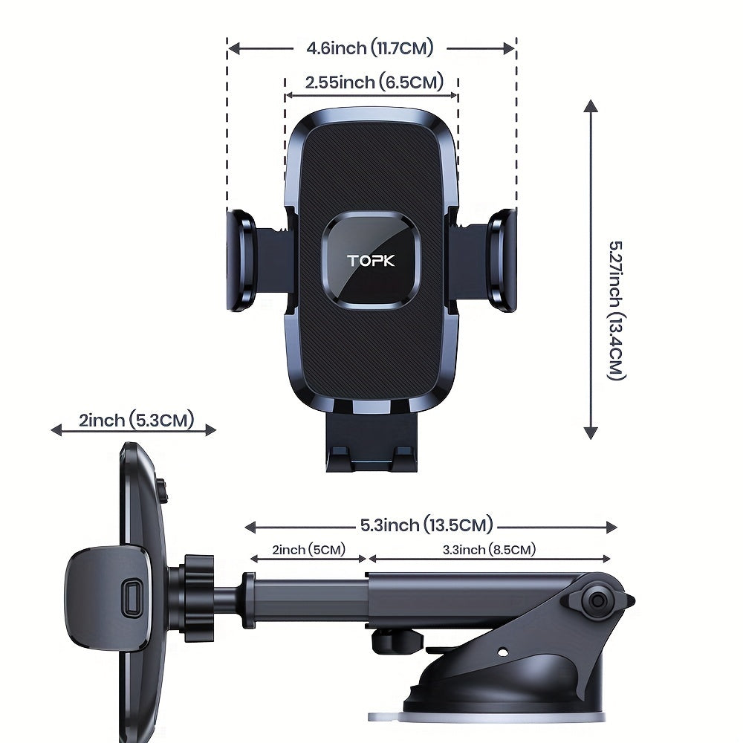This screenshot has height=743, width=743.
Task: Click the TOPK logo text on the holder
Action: pos(371,261)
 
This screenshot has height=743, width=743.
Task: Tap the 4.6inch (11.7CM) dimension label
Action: pos(369,48)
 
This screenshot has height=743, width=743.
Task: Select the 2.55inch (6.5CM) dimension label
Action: pos(374,82)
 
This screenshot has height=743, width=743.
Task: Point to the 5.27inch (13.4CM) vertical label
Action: pos(617,311)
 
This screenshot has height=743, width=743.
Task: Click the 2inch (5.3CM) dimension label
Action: pos(137,420)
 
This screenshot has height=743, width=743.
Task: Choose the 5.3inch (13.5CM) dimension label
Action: pos(426,525)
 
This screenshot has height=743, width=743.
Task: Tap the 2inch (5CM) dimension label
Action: pos(308,550)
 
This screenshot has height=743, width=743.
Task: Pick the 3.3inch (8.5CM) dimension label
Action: pos(489,550)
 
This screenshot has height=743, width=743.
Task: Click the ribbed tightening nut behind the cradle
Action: pos(198,597)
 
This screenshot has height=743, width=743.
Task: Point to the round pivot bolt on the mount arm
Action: pos(598,601)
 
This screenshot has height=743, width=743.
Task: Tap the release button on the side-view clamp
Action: pos(132,597)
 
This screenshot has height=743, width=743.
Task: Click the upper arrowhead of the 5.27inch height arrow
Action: pos(591,106)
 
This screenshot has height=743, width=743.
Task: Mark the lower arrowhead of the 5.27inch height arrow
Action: pos(591,432)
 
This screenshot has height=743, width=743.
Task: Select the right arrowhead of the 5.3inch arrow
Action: pos(611,527)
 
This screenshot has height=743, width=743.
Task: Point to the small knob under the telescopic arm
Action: pos(396,641)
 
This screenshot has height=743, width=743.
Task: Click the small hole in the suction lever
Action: pos(503,652)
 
